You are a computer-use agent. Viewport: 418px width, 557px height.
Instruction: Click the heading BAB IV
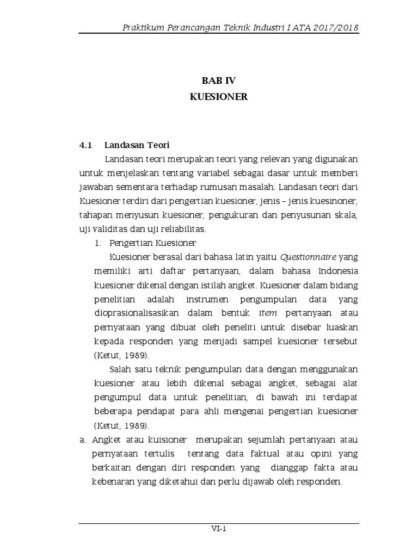(x=218, y=81)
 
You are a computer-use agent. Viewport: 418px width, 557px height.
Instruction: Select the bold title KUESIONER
(x=218, y=97)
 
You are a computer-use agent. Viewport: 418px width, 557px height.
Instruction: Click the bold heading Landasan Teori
(x=137, y=145)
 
